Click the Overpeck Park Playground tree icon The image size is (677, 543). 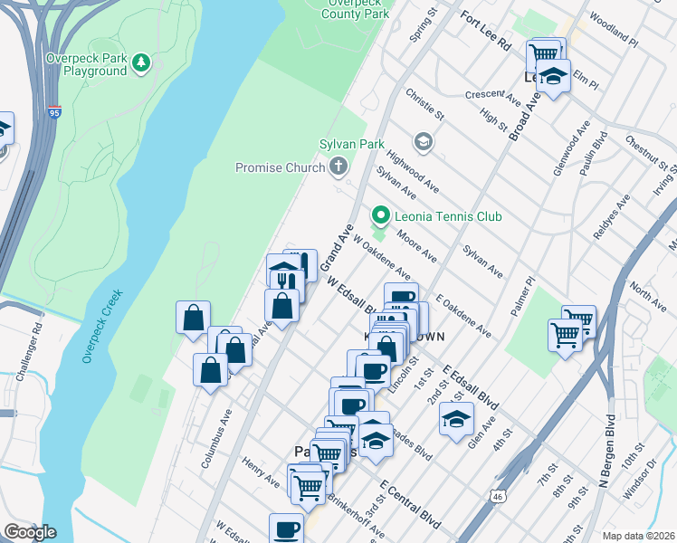point(140,62)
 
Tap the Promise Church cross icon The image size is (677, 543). point(338,167)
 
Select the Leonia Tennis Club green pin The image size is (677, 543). point(381,216)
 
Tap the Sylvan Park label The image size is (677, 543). point(352,145)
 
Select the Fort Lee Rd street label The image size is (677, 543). point(486,32)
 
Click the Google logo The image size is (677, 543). point(30,532)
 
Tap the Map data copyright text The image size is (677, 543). point(639,536)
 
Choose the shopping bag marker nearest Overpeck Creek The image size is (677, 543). point(193,318)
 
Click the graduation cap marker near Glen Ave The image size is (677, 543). point(457,418)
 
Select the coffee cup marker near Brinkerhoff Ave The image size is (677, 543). point(286,529)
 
